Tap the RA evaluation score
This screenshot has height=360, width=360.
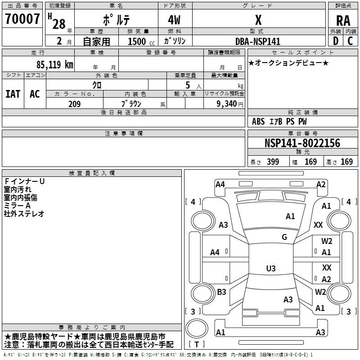343,21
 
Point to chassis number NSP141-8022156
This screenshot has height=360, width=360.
302,143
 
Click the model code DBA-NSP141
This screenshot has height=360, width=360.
258,41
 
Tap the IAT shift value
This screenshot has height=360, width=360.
13,94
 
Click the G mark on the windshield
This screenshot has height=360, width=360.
284,237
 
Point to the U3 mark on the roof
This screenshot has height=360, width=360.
270,269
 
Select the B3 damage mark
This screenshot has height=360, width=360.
221,292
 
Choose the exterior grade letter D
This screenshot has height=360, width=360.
335,41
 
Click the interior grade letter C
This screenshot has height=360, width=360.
351,41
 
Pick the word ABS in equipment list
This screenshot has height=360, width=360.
258,121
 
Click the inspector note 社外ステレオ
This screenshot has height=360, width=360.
24,214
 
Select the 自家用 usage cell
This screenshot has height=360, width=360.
96,41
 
